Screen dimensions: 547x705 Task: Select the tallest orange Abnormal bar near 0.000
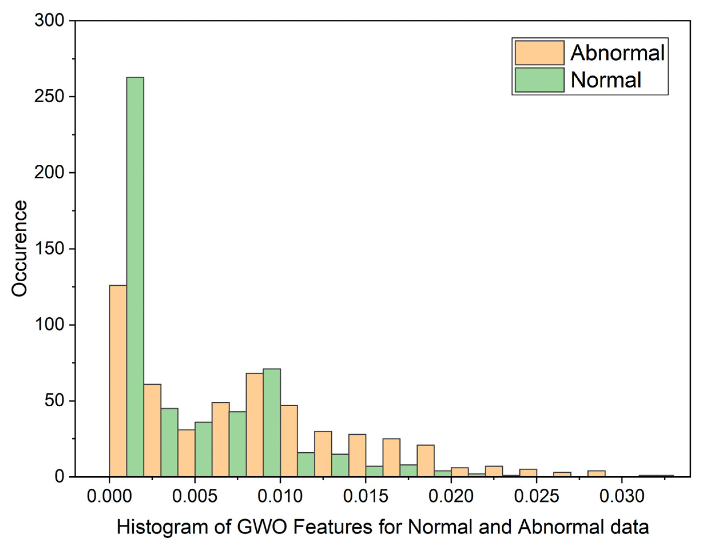point(118,381)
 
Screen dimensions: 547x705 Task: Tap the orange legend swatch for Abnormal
point(539,53)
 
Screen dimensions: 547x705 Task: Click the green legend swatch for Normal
point(539,80)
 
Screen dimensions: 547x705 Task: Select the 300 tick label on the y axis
point(50,21)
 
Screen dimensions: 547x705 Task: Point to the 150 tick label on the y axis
point(50,249)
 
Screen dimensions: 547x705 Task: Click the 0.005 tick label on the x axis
point(195,496)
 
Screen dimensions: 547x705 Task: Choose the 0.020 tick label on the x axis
point(451,496)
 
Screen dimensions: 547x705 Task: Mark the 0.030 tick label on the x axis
point(622,496)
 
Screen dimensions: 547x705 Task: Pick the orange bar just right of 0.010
point(289,441)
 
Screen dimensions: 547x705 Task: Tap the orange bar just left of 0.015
point(357,455)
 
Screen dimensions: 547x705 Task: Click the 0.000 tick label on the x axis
point(109,496)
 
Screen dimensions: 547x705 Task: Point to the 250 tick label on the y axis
point(50,97)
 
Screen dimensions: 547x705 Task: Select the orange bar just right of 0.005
point(220,439)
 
